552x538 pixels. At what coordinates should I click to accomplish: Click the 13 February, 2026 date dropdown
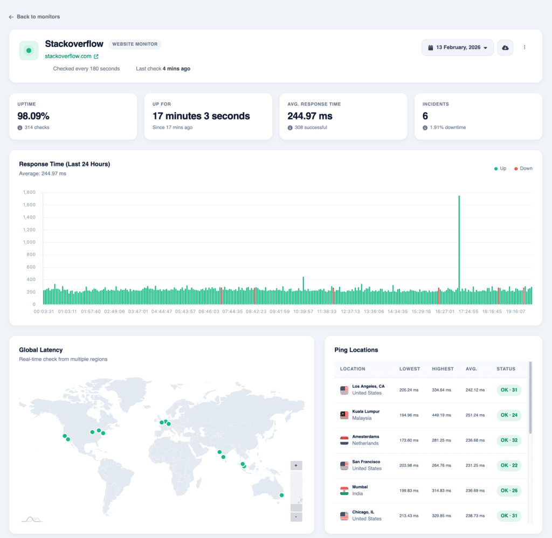click(x=458, y=47)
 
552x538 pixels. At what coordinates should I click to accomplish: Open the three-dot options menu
click(x=525, y=47)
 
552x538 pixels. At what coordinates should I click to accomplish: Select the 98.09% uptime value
click(x=33, y=116)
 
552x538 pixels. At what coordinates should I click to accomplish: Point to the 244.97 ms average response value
click(x=310, y=116)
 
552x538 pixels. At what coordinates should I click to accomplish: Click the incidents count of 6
click(x=425, y=116)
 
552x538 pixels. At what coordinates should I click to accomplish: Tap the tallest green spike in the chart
click(x=459, y=242)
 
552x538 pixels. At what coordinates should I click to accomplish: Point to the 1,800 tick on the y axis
click(x=29, y=192)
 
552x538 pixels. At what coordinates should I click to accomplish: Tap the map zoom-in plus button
click(x=296, y=465)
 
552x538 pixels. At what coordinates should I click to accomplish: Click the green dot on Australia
click(x=281, y=495)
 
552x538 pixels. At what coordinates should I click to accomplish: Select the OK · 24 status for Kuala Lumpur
click(x=509, y=415)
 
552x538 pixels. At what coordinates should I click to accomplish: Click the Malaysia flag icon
click(x=344, y=415)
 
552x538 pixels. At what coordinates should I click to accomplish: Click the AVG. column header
click(x=472, y=369)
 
